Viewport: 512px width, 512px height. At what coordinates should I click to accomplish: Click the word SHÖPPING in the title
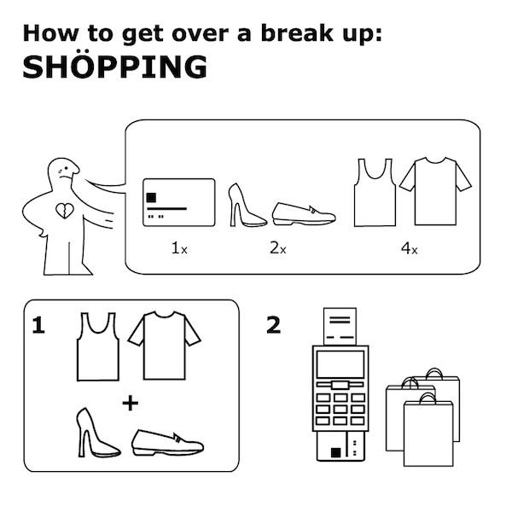point(114,66)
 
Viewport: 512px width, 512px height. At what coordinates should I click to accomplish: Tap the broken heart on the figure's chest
point(65,211)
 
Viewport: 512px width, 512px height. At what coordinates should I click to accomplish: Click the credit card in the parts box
point(179,202)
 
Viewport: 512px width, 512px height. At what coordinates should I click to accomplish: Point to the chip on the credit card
point(151,198)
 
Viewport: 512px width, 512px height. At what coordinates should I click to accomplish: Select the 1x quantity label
point(179,248)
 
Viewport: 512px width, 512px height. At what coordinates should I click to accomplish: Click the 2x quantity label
point(278,248)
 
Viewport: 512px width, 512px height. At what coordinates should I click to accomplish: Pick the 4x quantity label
point(409,249)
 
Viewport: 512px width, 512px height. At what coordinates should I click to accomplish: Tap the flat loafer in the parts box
point(304,214)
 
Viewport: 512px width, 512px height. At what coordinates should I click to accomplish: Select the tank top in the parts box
point(375,193)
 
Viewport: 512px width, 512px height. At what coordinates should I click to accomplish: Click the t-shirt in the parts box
point(435,191)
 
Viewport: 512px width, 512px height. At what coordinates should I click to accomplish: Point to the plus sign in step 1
point(131,404)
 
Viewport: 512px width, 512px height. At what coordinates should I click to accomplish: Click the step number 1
point(38,325)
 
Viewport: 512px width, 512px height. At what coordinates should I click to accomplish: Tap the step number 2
point(274,325)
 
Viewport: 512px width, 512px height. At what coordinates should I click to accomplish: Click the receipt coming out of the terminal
point(340,326)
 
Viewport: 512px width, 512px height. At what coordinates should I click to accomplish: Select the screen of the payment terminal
point(340,364)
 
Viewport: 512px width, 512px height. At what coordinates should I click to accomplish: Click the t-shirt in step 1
point(164,346)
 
